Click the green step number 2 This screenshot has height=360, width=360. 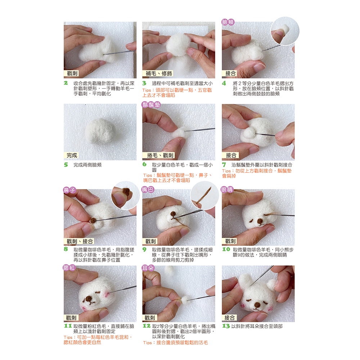[66, 83]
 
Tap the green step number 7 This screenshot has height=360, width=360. [224, 165]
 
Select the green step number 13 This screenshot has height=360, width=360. [226, 326]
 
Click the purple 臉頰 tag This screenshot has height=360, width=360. [228, 22]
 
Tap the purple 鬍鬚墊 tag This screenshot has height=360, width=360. [151, 105]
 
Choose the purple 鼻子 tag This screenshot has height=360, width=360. [69, 190]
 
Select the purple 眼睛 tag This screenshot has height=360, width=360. [227, 189]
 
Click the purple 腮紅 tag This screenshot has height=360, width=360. [69, 268]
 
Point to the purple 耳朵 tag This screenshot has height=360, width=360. [148, 268]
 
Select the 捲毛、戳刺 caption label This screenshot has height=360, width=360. [160, 156]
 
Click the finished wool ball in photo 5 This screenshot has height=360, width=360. [100, 131]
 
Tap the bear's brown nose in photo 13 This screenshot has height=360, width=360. [257, 305]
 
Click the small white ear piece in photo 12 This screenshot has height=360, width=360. [185, 300]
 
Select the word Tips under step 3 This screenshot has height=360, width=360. [147, 90]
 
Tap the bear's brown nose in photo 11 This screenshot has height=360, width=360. [89, 299]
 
